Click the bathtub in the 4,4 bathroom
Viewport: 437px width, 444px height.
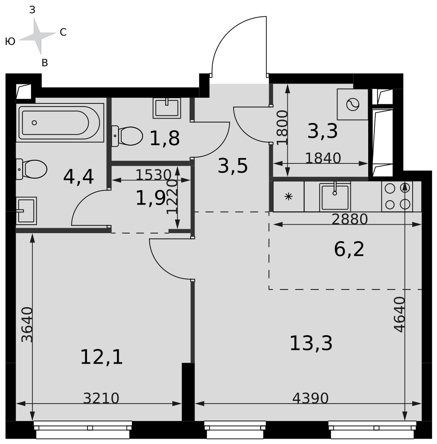(x=60, y=123)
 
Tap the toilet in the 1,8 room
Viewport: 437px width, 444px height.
(x=127, y=136)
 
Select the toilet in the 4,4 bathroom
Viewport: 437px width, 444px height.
(x=32, y=169)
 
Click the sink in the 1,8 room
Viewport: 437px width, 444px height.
(x=167, y=108)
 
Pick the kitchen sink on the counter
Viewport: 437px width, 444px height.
(x=335, y=196)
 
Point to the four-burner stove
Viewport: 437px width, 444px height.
(x=397, y=196)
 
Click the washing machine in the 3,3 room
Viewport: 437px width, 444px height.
(x=352, y=104)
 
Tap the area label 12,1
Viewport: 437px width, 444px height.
(x=101, y=357)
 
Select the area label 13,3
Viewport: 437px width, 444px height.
(x=311, y=343)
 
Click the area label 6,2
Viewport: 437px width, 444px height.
(x=349, y=250)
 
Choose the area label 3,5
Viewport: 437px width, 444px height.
(x=233, y=166)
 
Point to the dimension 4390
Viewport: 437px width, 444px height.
(x=310, y=398)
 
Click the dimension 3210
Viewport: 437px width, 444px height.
(x=101, y=398)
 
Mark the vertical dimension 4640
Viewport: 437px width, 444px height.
(x=400, y=314)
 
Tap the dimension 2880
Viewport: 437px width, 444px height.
(x=350, y=219)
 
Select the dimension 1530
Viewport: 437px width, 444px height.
(x=154, y=174)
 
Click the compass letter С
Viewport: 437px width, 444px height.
(x=63, y=32)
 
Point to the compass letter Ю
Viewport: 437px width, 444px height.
(x=10, y=41)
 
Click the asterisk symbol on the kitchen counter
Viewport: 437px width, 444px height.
(x=288, y=196)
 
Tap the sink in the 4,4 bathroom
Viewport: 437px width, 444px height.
(x=26, y=210)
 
